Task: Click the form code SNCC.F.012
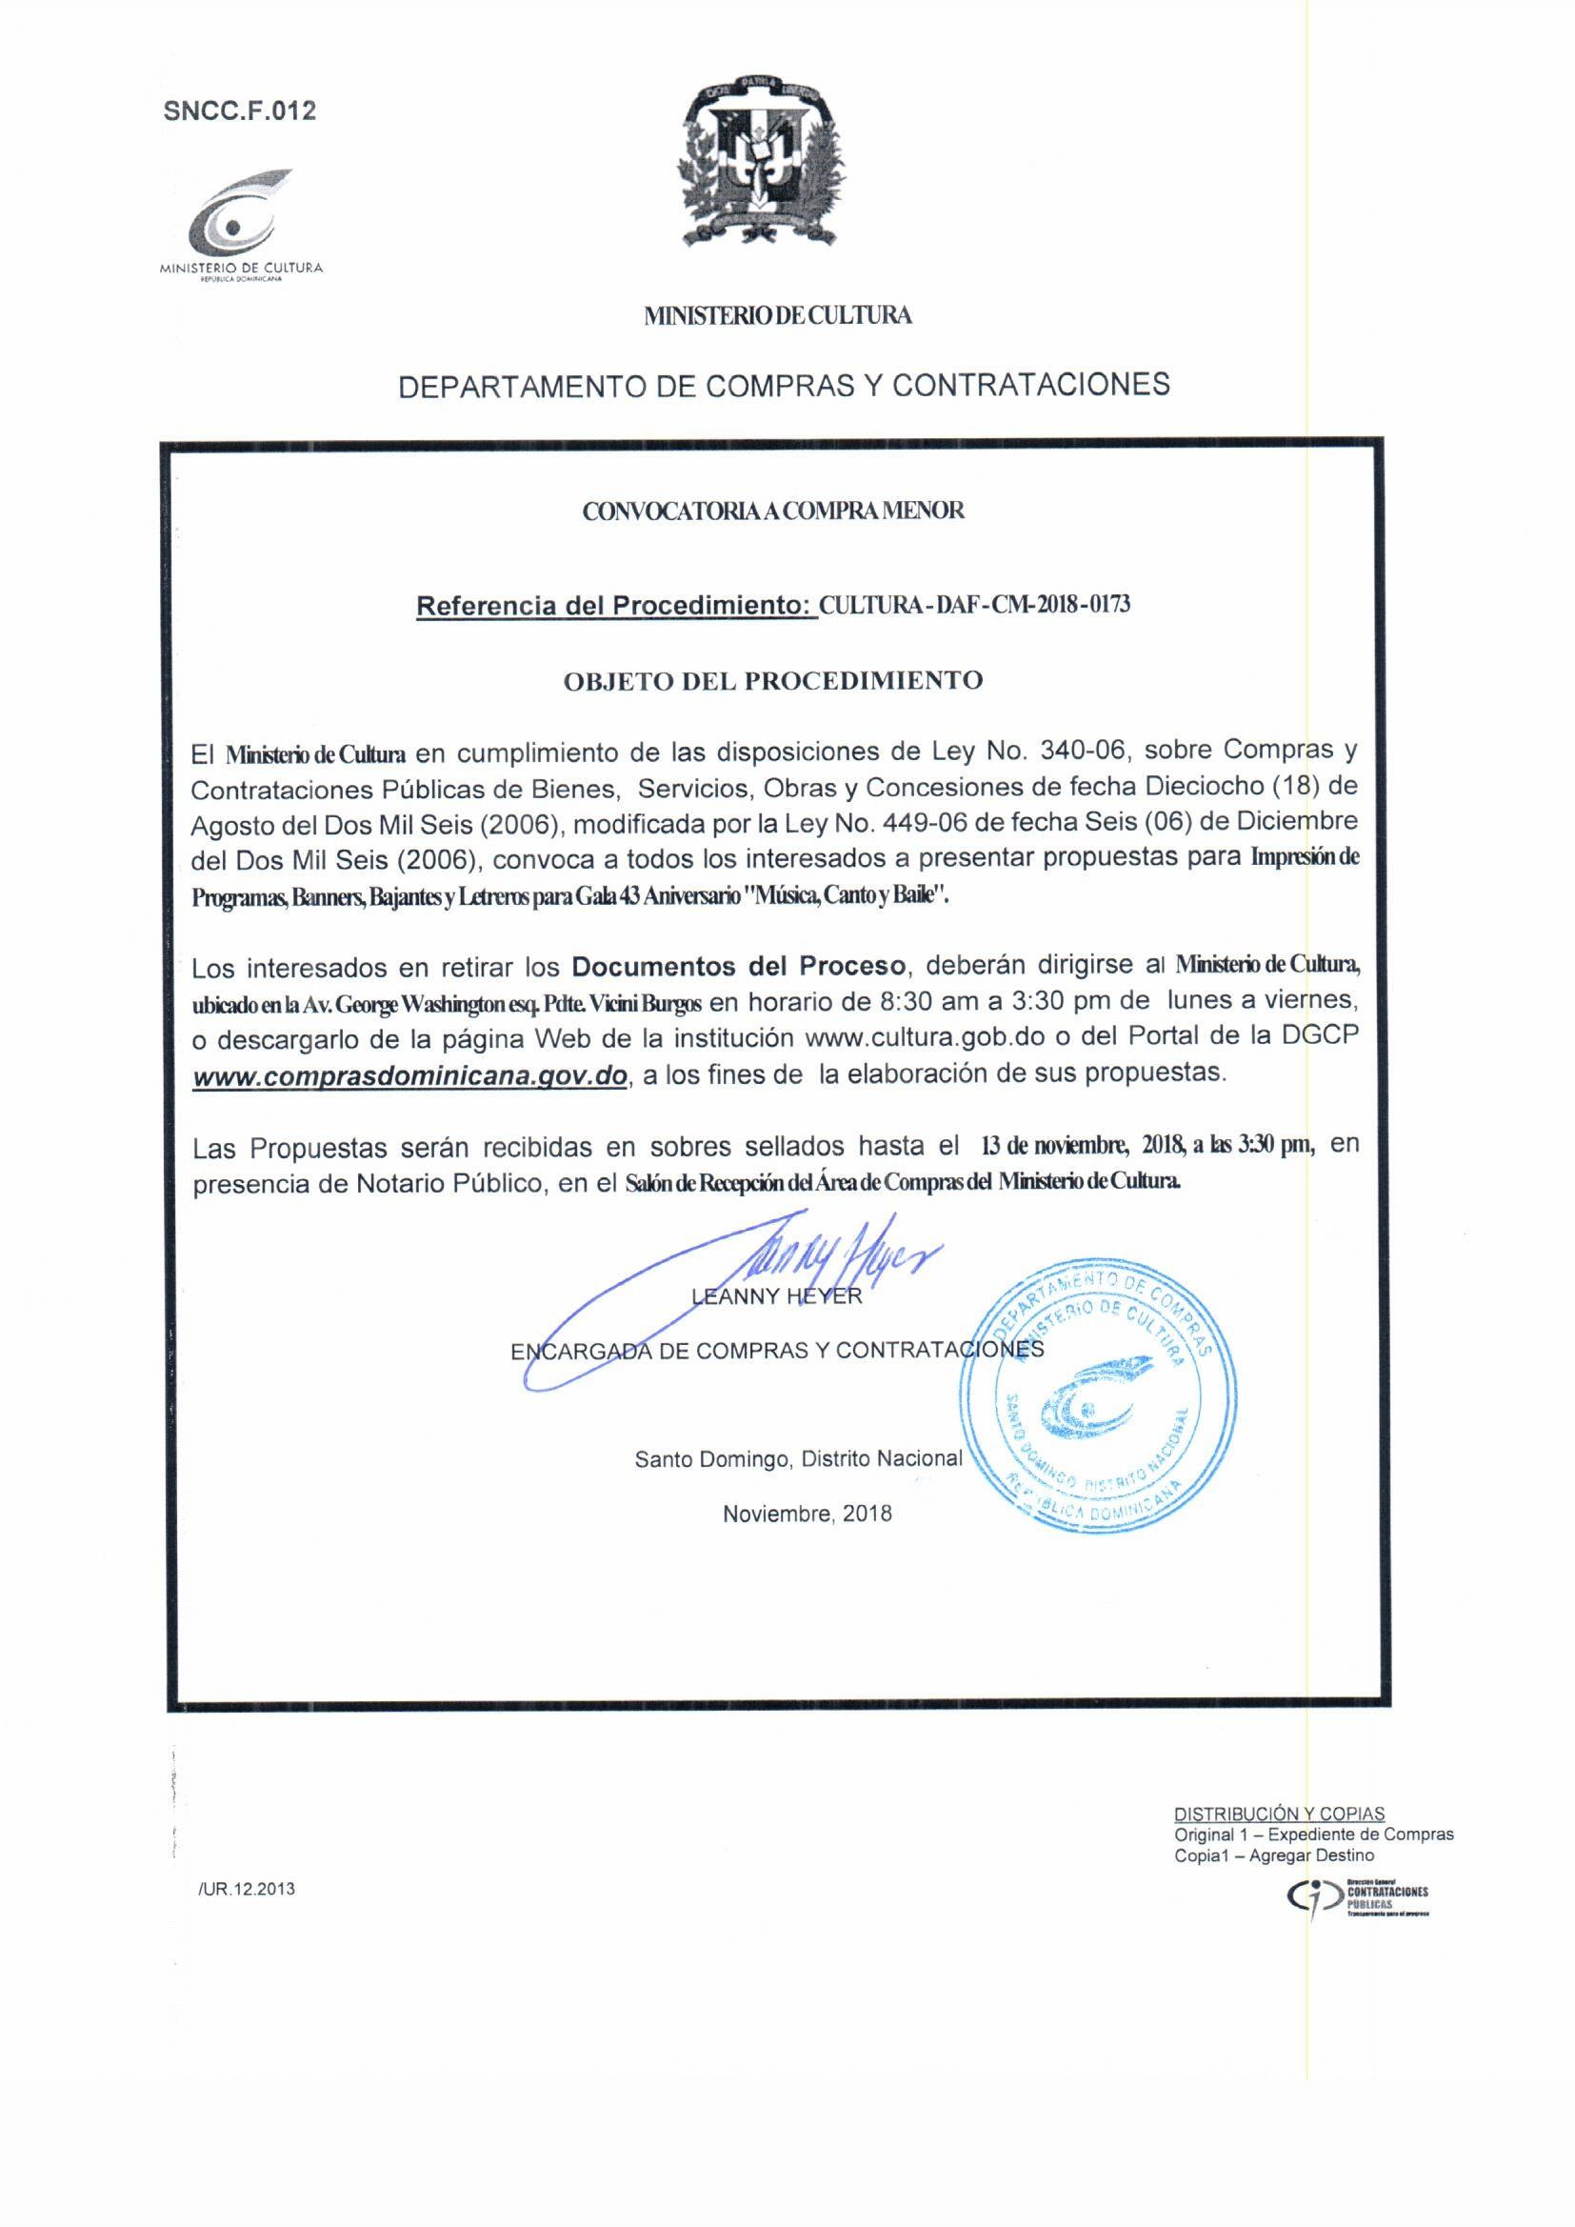pyautogui.click(x=240, y=110)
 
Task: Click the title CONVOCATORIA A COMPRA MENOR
pyautogui.click(x=773, y=512)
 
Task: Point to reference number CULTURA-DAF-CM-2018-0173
pyautogui.click(x=975, y=604)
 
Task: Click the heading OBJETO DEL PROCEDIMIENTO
pyautogui.click(x=773, y=680)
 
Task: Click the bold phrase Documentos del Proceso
pyautogui.click(x=739, y=966)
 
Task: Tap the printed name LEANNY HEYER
pyautogui.click(x=777, y=1296)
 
